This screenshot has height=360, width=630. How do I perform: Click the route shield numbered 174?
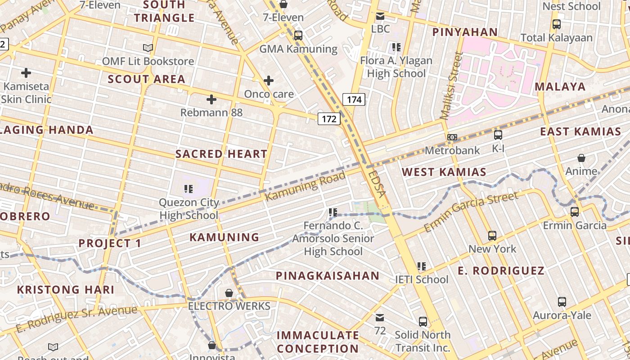(x=354, y=99)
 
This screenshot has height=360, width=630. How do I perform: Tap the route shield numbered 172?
(x=329, y=119)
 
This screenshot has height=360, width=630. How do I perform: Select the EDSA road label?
(x=377, y=183)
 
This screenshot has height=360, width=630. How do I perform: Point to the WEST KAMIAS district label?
(x=444, y=172)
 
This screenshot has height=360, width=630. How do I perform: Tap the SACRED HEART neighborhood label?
(x=221, y=154)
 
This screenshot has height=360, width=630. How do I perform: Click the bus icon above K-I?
(x=498, y=135)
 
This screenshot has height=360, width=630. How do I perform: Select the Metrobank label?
(x=452, y=150)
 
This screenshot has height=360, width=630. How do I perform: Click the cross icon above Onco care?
(x=269, y=81)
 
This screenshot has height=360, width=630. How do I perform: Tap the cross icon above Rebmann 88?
(x=211, y=99)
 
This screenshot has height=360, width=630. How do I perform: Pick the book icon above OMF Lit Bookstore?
(x=148, y=48)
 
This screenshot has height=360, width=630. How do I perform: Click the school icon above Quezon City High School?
(x=189, y=189)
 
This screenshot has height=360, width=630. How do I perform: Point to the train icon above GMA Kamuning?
(x=298, y=36)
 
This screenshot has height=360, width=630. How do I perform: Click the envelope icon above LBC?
(x=380, y=16)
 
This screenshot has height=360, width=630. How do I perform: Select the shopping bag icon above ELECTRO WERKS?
(x=229, y=293)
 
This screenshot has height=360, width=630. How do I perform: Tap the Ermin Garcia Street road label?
(x=471, y=211)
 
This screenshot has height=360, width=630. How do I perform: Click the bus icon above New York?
(x=492, y=235)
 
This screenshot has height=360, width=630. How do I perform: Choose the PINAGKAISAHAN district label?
(x=328, y=276)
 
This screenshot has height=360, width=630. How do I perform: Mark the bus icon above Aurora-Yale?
(x=562, y=302)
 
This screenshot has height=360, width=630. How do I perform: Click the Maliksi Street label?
(x=451, y=85)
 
